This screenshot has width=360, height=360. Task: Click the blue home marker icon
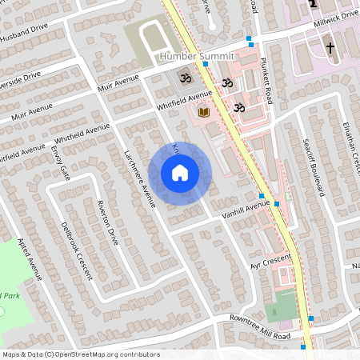coord(180,173)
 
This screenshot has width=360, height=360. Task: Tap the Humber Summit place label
coord(196,57)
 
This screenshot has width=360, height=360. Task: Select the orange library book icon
coord(203,114)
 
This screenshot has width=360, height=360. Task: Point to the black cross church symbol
coord(330,49)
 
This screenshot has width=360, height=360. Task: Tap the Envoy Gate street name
coord(61,164)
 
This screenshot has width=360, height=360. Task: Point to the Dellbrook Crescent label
coord(75,249)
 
